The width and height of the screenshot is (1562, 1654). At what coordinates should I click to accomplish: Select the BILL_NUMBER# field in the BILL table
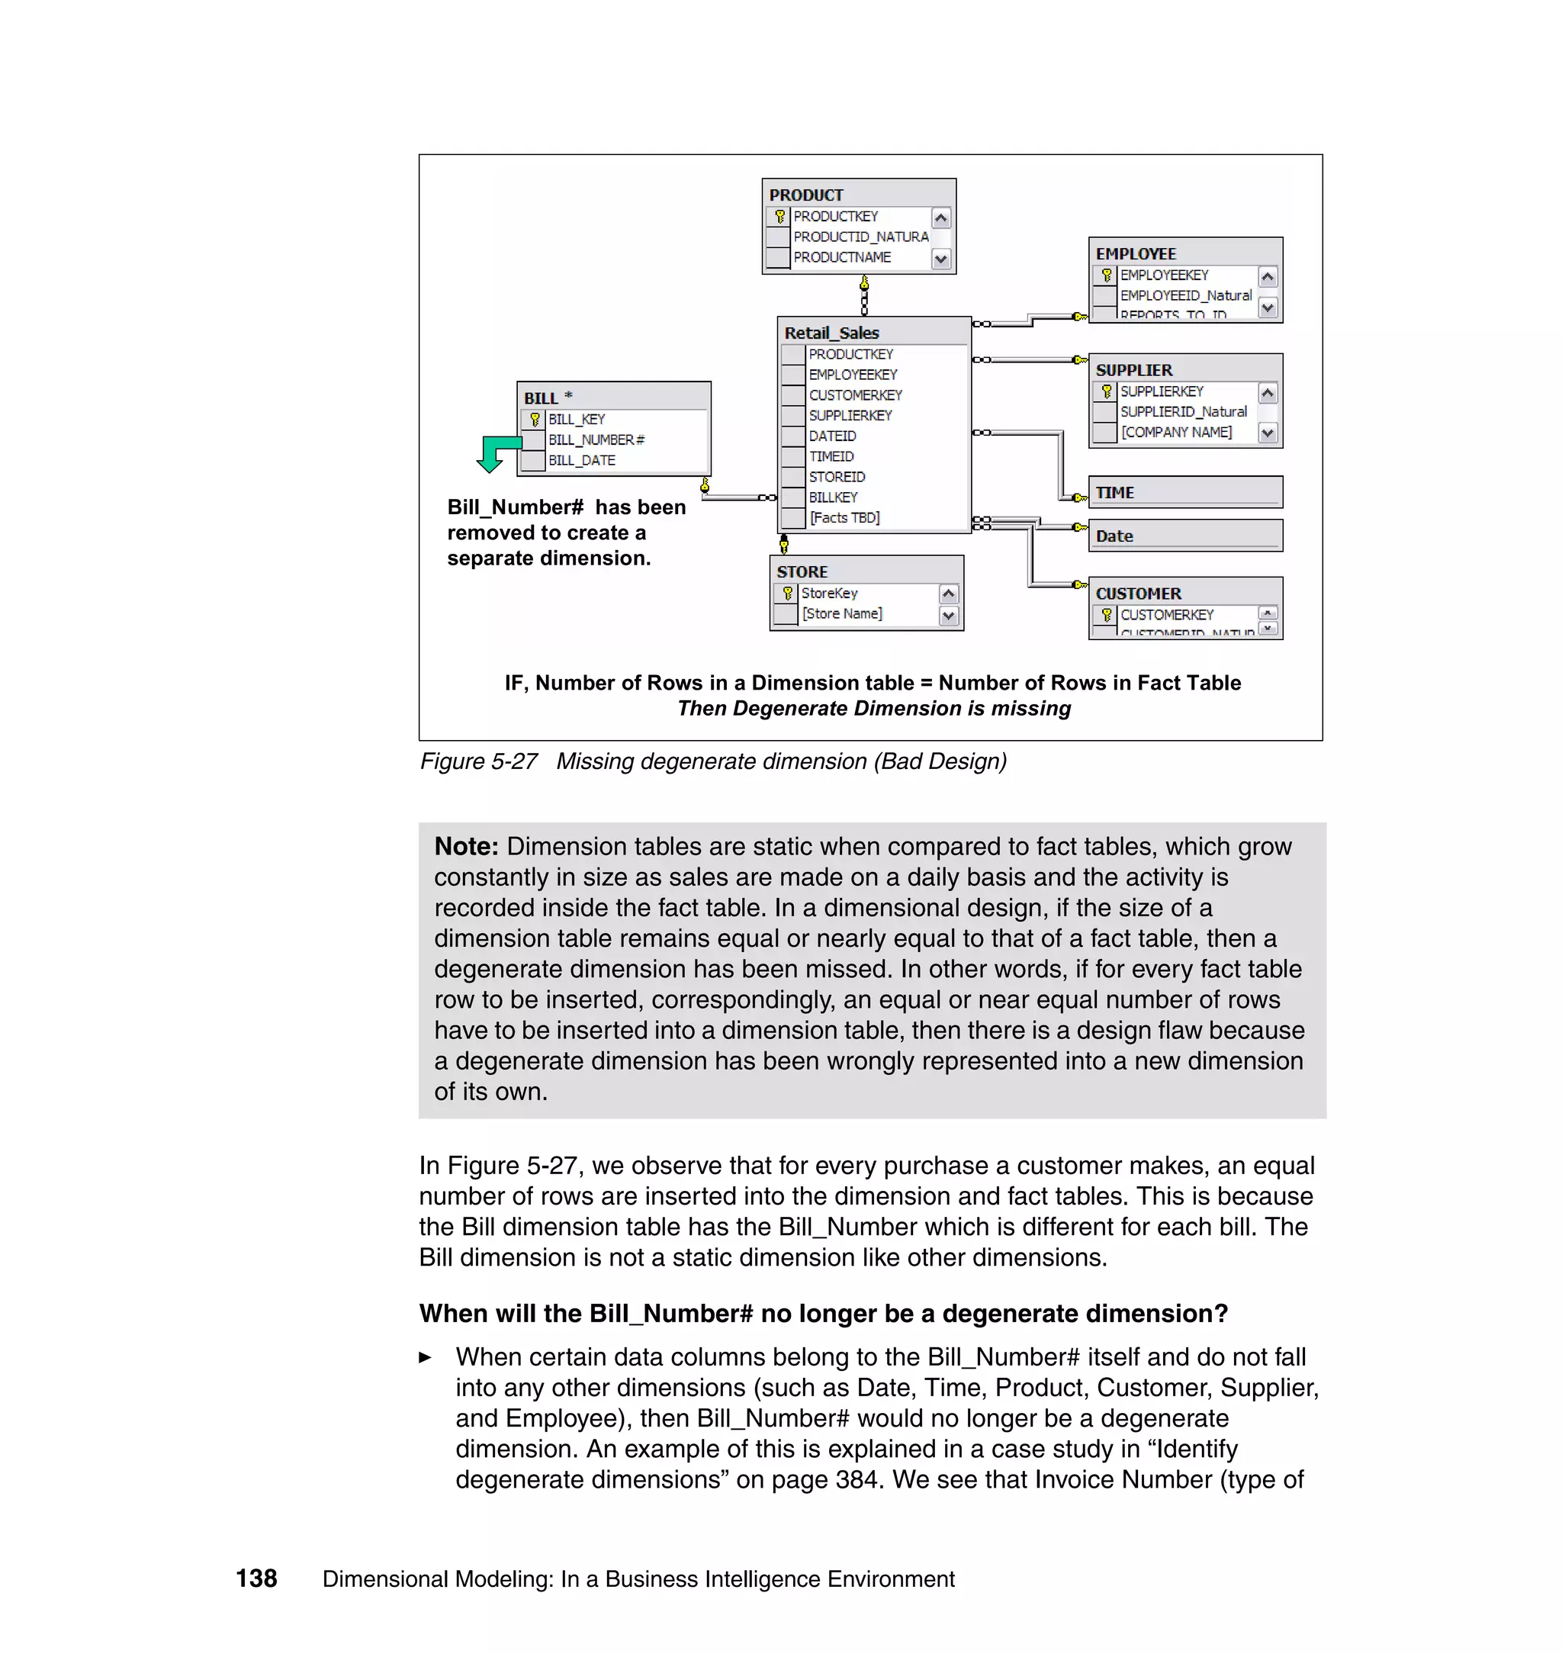coord(596,439)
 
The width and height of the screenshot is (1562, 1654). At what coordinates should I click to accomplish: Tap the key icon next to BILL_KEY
coord(535,420)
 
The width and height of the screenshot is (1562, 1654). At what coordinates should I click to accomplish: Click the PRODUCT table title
coord(806,195)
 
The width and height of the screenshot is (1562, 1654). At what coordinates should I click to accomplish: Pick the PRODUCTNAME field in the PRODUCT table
coord(842,257)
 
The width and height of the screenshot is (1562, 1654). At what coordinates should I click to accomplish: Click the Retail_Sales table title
coord(831,333)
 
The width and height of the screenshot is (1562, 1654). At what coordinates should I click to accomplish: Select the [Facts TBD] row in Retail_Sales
coord(844,517)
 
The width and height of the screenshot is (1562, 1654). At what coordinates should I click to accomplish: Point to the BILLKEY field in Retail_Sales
coord(833,497)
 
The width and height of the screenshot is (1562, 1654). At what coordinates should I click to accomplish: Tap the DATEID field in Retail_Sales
coord(832,436)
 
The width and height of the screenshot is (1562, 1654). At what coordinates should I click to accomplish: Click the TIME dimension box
coord(1184,492)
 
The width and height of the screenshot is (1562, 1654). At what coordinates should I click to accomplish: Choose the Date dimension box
coord(1184,536)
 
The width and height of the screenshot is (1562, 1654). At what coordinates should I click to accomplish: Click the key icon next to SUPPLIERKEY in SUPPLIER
coord(1106,391)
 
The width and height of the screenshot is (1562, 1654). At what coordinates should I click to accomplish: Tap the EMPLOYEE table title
coord(1136,254)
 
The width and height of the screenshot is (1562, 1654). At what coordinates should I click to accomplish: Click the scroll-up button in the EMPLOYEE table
coord(1268,276)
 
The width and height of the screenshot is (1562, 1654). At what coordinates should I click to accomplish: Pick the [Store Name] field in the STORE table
coord(842,614)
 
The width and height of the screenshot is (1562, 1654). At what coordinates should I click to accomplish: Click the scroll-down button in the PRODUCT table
coord(941,259)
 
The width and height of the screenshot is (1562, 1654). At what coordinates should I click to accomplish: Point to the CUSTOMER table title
coord(1138,594)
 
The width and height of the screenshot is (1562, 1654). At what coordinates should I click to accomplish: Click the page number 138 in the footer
coord(256,1578)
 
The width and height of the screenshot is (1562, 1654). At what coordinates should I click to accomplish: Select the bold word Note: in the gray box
coord(466,846)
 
